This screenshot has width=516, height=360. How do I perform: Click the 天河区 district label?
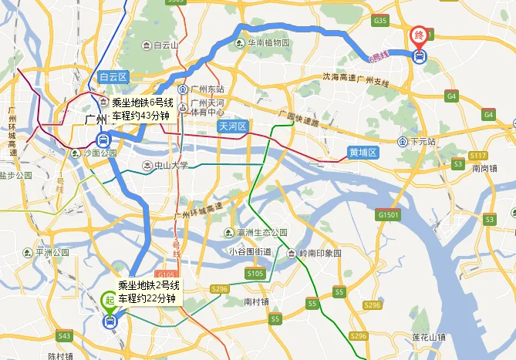[x=231, y=126]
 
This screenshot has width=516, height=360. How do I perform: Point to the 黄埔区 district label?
[x=362, y=153]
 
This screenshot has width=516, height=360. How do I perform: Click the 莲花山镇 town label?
[x=429, y=338]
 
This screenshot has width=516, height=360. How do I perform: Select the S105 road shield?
[x=255, y=273]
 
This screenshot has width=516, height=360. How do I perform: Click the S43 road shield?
[x=64, y=336]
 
